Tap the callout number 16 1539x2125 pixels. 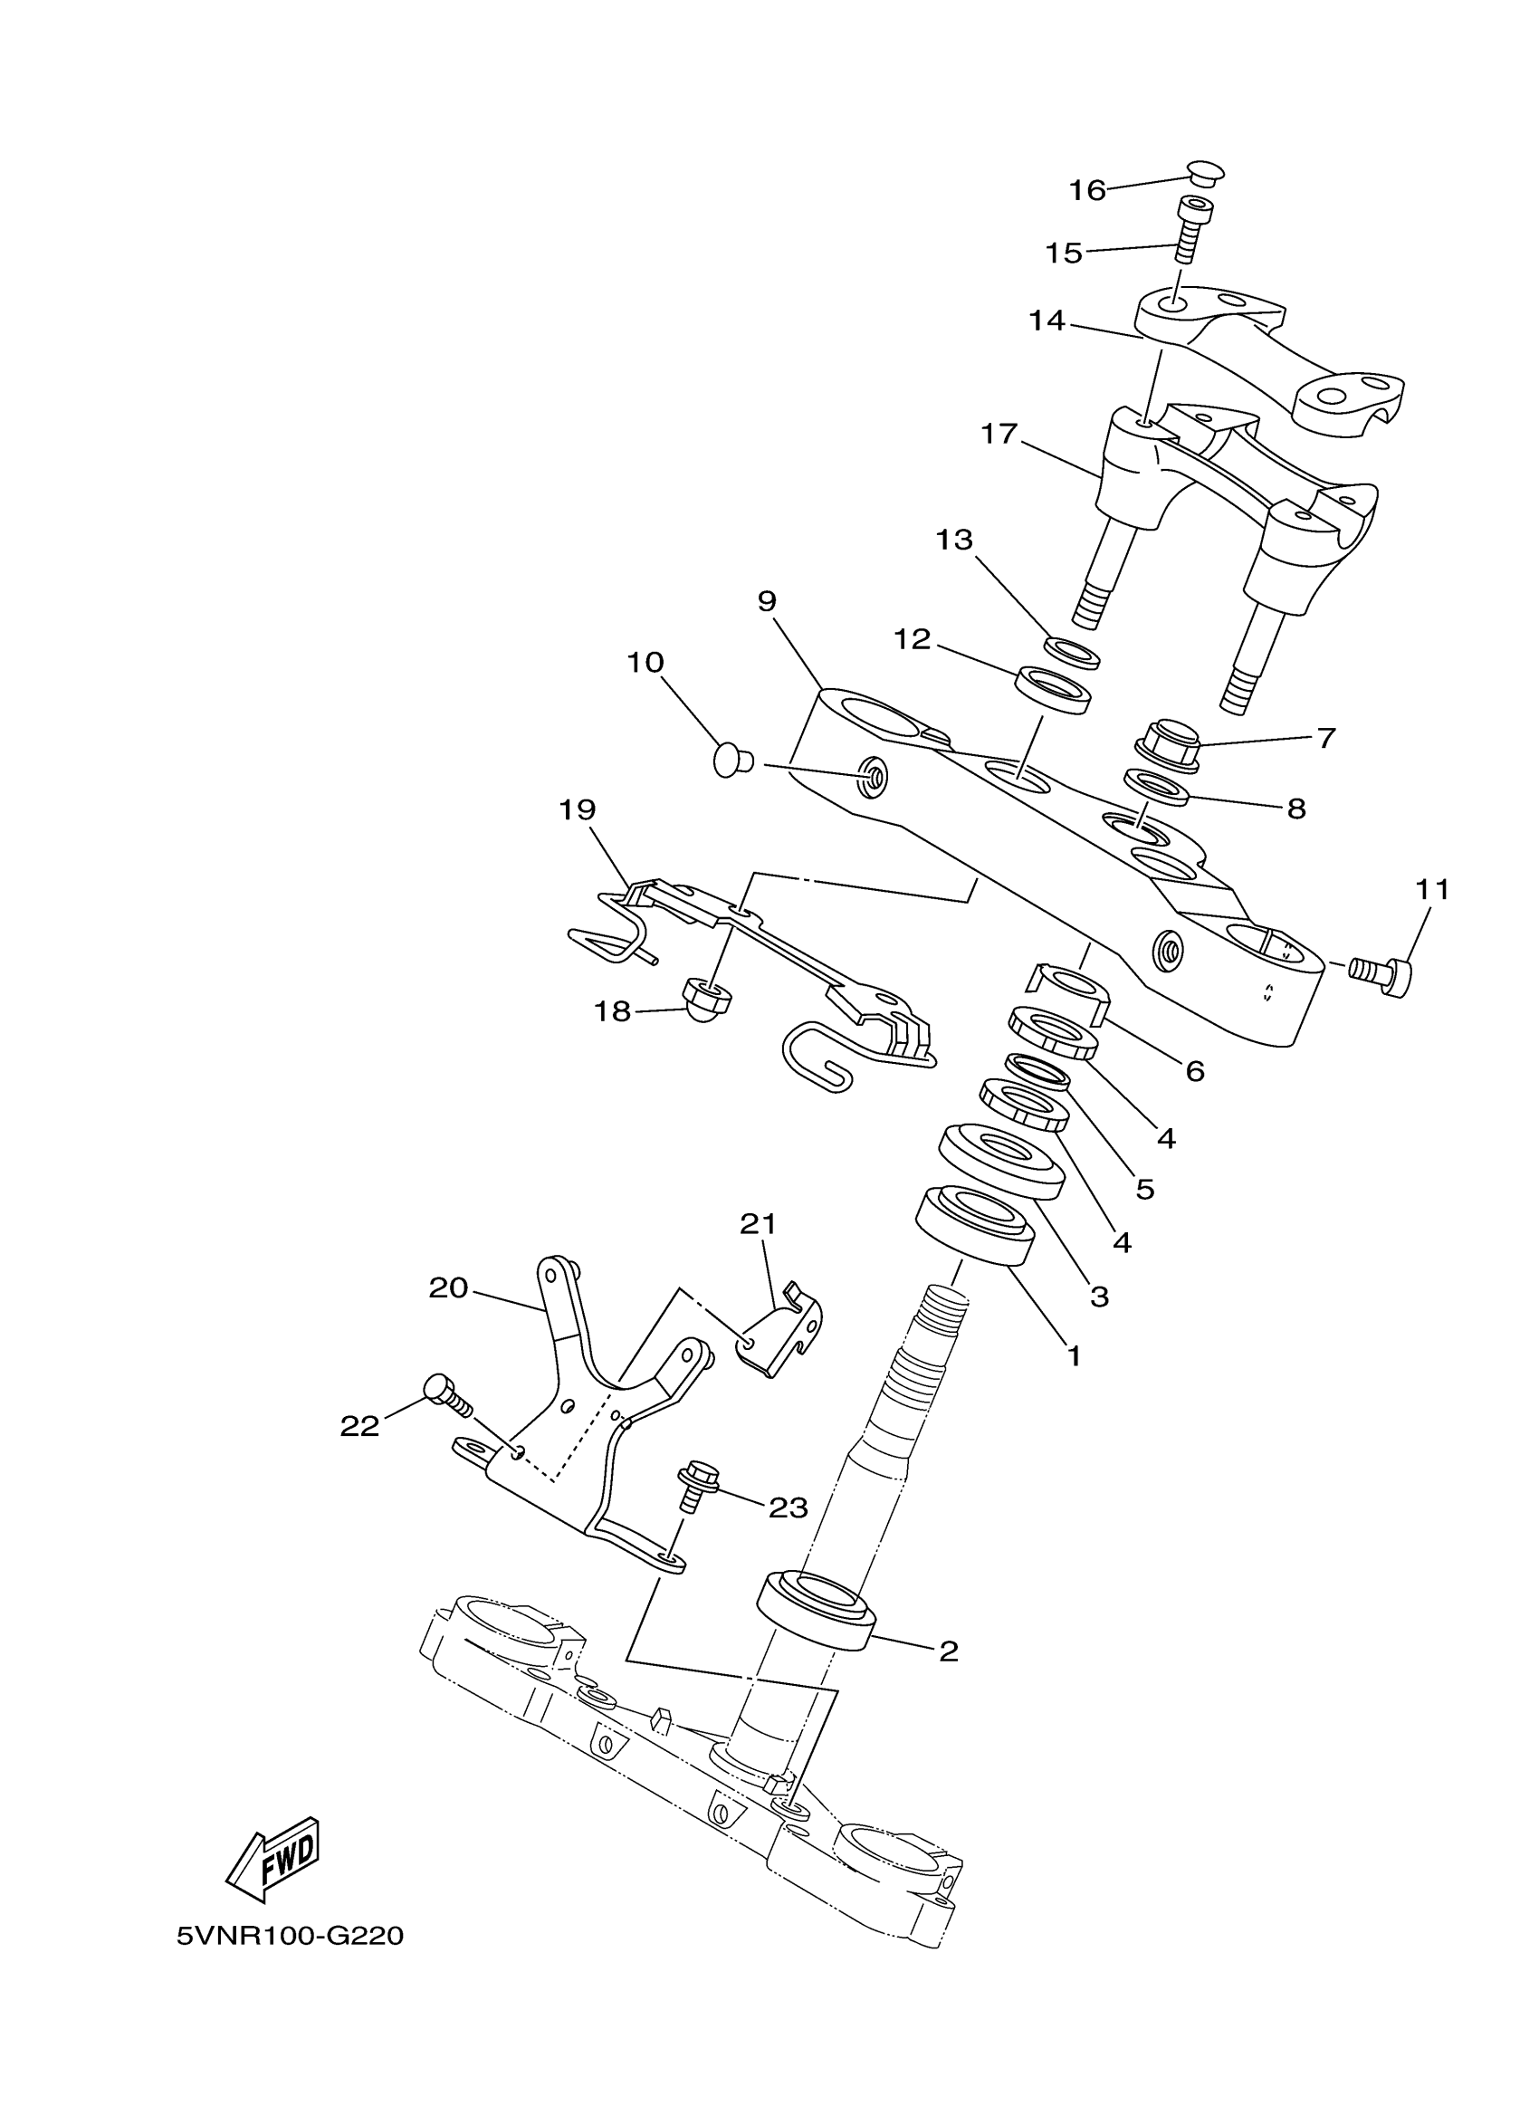(x=1087, y=190)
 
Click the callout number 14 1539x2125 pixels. (x=1047, y=321)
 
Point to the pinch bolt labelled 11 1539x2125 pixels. (x=1382, y=976)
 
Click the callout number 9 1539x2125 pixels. (x=767, y=601)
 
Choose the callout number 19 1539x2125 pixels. (x=577, y=809)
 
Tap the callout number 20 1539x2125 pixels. (x=448, y=1288)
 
